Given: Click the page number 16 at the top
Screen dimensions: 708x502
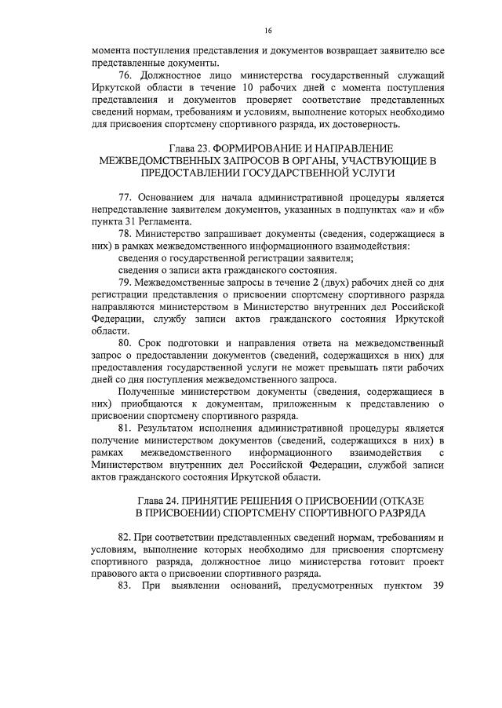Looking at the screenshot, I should point(267,31).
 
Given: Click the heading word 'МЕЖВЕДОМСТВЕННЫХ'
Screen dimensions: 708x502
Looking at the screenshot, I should point(159,160).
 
